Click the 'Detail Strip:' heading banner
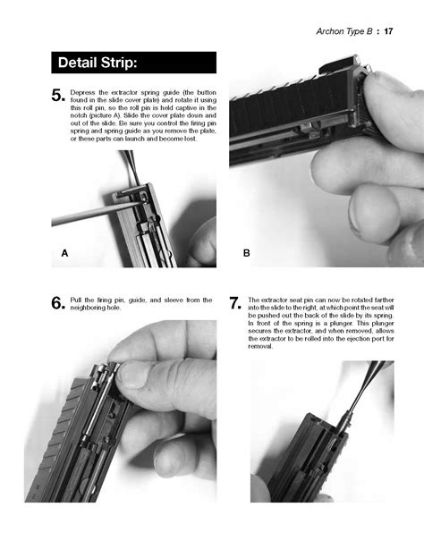click(x=132, y=63)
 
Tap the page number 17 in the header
click(x=389, y=32)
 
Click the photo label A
click(x=64, y=254)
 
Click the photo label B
click(x=247, y=254)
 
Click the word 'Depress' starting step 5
click(x=88, y=92)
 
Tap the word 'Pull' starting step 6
click(x=81, y=300)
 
